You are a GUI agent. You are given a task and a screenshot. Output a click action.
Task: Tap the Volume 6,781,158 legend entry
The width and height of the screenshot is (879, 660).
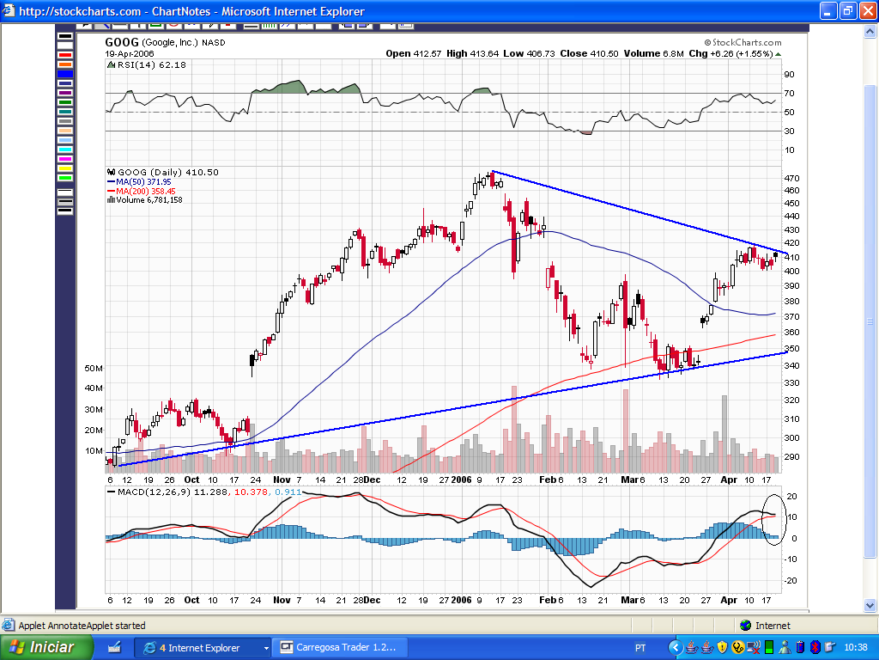click(x=149, y=200)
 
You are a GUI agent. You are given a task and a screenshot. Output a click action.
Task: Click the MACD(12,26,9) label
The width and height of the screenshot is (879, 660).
click(x=149, y=492)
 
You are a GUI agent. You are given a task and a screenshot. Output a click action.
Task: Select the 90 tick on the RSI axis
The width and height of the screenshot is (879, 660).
click(x=788, y=74)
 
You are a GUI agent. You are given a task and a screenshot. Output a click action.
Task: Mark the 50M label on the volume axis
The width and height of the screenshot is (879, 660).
click(x=94, y=368)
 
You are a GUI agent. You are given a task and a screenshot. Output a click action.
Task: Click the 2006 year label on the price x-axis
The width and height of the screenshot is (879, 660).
click(x=462, y=480)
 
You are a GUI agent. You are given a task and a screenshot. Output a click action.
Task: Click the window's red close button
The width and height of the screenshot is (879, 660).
click(x=866, y=11)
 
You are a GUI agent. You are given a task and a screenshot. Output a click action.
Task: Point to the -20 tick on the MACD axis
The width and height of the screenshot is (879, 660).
click(x=791, y=580)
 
